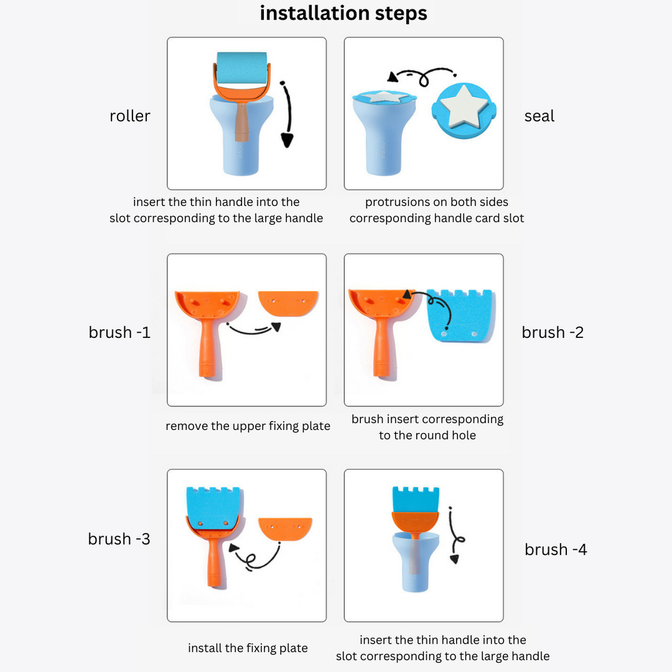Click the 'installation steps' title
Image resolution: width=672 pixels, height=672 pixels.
pyautogui.click(x=343, y=13)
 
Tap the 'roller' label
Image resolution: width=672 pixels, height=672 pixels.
pyautogui.click(x=130, y=116)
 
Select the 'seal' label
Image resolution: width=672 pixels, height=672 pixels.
pyautogui.click(x=539, y=116)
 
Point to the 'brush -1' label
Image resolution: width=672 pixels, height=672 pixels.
pyautogui.click(x=119, y=333)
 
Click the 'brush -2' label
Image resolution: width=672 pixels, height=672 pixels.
pyautogui.click(x=553, y=333)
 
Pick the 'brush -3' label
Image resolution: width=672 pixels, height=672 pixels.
pyautogui.click(x=119, y=539)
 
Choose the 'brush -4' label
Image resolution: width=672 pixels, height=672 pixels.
pyautogui.click(x=556, y=550)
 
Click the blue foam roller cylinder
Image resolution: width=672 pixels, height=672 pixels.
pyautogui.click(x=241, y=68)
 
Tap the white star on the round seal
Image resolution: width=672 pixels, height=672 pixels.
pyautogui.click(x=464, y=106)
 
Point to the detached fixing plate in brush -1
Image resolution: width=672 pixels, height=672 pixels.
pyautogui.click(x=289, y=303)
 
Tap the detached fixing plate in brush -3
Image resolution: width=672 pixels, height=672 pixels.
pyautogui.click(x=285, y=529)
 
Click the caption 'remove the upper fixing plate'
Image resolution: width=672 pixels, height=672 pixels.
pyautogui.click(x=247, y=426)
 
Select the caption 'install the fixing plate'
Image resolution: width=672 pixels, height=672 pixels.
pyautogui.click(x=247, y=648)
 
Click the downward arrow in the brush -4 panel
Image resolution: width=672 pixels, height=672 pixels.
pyautogui.click(x=454, y=535)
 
